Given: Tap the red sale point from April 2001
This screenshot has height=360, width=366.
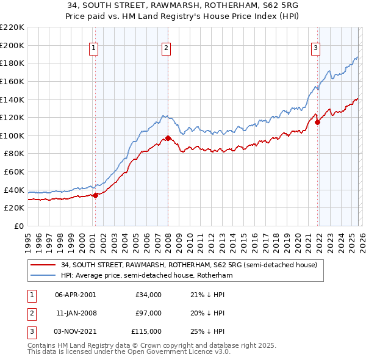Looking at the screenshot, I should pos(95,195).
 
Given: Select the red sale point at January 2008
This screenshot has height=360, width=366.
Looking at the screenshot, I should pos(168,139).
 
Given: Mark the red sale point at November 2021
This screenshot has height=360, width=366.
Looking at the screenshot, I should pos(317,122).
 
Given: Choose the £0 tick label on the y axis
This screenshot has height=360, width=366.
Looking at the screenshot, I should pos(18,226).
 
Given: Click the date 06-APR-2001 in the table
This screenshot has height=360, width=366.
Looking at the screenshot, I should pos(75,295).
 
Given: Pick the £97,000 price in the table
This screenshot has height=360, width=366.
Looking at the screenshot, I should pos(148,313).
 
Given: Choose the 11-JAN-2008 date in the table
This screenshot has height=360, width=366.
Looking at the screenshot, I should pos(75,313).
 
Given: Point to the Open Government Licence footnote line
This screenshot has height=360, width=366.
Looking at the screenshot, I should pos(129,352).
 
